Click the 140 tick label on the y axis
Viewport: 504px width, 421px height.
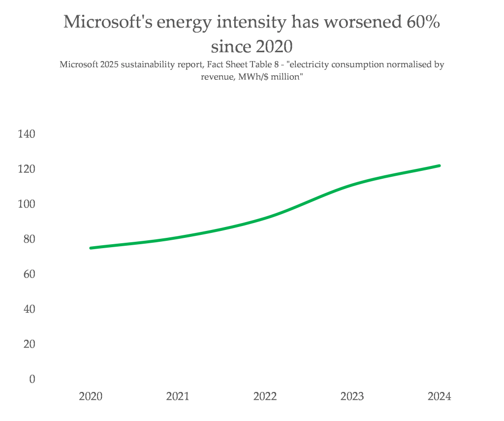pos(26,134)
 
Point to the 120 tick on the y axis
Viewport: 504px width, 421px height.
pos(26,169)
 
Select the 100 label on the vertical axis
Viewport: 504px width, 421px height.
pos(26,204)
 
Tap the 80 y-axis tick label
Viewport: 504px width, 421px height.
pos(29,239)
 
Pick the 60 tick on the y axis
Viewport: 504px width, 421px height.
pos(29,274)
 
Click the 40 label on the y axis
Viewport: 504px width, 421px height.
pos(29,309)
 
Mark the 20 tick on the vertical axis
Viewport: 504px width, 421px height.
pos(29,344)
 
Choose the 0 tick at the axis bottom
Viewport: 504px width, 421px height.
pos(32,379)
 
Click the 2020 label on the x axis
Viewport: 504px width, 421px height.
pos(91,396)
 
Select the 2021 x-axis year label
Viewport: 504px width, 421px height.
pos(178,396)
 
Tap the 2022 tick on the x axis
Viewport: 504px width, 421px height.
pos(265,396)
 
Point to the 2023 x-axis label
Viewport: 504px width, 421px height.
pos(352,396)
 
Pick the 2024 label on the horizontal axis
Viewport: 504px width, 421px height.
pos(439,396)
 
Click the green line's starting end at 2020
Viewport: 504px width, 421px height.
pos(91,248)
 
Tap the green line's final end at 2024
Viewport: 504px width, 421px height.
pos(439,165)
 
